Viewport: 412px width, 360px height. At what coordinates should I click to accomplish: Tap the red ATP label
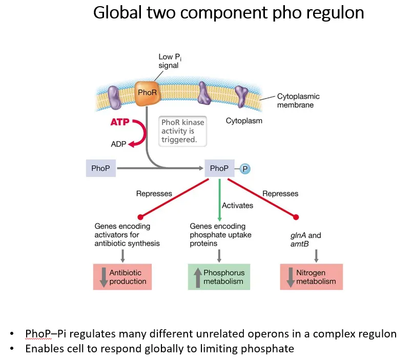coord(120,123)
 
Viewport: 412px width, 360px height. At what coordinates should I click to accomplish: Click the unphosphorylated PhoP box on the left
coord(100,168)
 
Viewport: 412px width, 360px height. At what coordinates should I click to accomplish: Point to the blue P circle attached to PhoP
coord(245,169)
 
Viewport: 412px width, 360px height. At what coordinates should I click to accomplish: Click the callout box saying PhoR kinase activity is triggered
coord(182,131)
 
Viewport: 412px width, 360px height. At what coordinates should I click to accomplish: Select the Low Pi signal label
coord(169,61)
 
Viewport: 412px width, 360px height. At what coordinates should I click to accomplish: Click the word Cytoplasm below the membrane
coord(243,121)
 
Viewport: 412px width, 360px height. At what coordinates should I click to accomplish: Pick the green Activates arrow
coord(219,197)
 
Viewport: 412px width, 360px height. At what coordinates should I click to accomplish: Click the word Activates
coord(237,205)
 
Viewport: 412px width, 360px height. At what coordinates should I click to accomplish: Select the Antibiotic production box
coord(122,277)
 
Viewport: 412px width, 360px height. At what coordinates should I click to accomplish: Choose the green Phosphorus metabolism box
coord(219,277)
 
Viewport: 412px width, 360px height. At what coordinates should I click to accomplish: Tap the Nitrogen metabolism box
coord(311,277)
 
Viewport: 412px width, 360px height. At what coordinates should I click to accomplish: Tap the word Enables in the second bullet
coord(44,349)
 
